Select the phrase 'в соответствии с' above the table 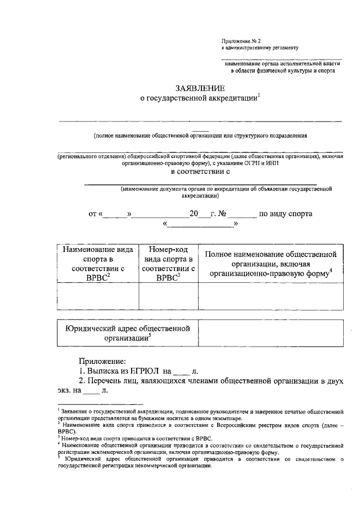pos(201,173)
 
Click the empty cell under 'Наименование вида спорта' pos(98,296)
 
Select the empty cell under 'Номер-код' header pos(168,296)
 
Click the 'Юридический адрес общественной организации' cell pos(128,333)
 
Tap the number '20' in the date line pos(195,214)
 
